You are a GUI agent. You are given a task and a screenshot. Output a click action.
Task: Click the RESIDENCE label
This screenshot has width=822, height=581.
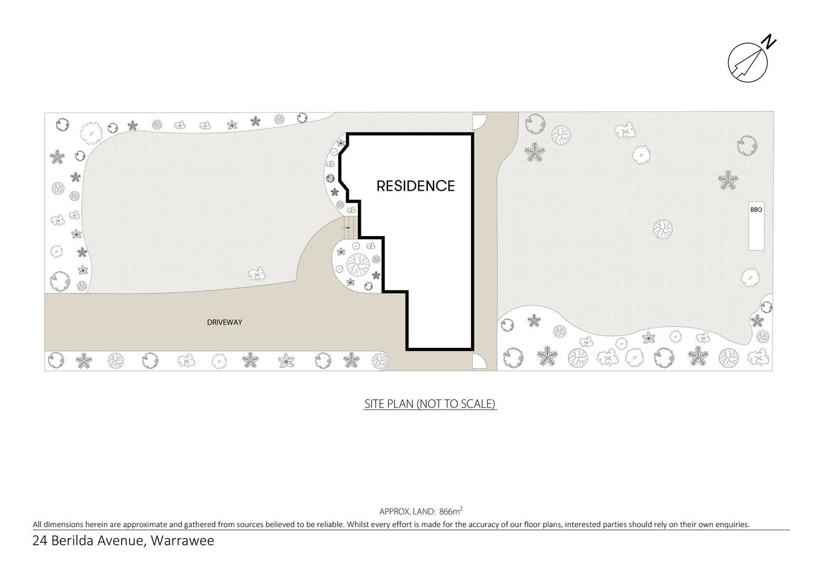(415, 186)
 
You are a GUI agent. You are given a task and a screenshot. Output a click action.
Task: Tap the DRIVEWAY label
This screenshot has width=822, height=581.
(225, 323)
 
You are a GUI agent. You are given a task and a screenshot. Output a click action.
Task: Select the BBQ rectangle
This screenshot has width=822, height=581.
(756, 225)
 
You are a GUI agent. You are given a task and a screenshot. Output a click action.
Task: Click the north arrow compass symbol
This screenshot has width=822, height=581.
(748, 62)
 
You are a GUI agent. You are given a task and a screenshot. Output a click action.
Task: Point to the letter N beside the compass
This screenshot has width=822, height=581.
(769, 42)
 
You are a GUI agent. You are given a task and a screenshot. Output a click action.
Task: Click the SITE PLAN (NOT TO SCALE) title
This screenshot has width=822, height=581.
(430, 404)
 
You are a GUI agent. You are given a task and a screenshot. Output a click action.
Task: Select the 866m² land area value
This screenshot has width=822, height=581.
(451, 510)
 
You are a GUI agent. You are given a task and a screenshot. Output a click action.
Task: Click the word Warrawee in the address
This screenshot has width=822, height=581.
(182, 540)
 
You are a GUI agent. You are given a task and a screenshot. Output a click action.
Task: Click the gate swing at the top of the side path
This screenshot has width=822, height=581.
(479, 120)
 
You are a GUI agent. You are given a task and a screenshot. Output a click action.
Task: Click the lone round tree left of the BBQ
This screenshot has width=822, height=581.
(662, 229)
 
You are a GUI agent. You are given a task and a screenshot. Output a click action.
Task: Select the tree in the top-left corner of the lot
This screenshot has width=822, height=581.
(62, 125)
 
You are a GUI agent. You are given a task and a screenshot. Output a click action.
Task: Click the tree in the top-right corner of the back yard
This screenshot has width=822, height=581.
(747, 146)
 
